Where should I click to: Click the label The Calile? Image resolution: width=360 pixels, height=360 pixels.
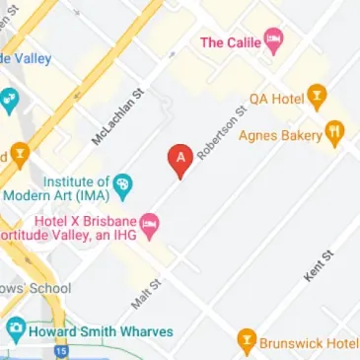pos(232,41)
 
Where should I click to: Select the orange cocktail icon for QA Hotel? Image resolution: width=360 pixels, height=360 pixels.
pos(317,97)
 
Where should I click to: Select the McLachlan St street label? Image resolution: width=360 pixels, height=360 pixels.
pos(116,116)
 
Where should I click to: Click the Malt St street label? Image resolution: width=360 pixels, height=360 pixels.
pos(145,290)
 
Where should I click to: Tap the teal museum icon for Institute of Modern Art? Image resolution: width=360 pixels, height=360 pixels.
pos(123,183)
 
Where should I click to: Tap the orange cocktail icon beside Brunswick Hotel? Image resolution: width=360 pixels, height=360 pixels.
pos(247,343)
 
